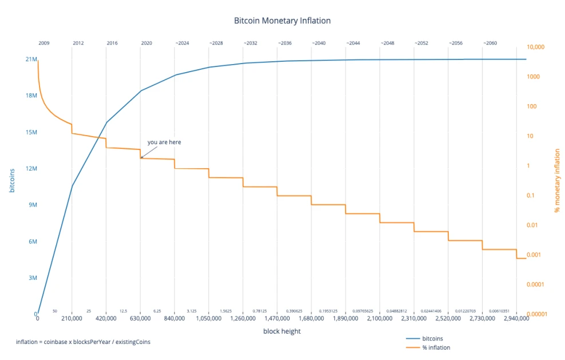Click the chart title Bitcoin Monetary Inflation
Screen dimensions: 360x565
[x=282, y=21]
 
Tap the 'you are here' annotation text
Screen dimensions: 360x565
[x=164, y=142]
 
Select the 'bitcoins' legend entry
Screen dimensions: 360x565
[x=432, y=339]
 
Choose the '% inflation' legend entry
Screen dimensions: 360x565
[x=436, y=347]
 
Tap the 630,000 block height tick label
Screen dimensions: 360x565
[x=140, y=318]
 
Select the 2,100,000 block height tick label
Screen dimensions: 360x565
[x=380, y=318]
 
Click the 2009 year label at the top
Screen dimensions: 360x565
[x=44, y=43]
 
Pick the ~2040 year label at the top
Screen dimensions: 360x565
[x=318, y=43]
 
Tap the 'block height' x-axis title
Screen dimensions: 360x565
[x=282, y=331]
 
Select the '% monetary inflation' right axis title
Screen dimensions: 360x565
[x=557, y=181]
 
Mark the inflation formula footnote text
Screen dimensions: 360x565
[x=84, y=342]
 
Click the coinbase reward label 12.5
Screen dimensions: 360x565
[x=123, y=311]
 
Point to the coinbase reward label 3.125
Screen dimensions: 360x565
[x=192, y=311]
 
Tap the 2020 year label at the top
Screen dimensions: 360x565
[x=147, y=43]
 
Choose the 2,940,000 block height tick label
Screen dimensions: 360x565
[x=516, y=318]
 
